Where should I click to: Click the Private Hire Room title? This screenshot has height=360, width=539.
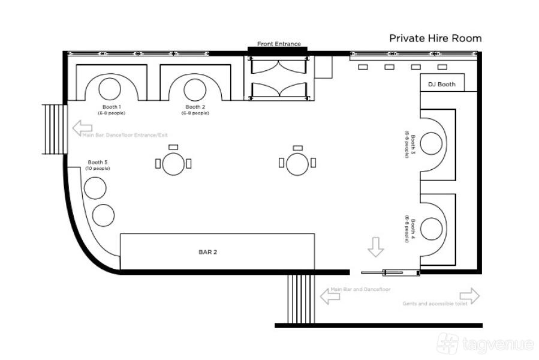435,38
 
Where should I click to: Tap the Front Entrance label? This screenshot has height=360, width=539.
279,44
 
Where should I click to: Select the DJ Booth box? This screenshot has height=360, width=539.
442,83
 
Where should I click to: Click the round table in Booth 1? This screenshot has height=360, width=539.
110,89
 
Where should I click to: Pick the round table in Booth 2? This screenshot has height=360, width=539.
195,89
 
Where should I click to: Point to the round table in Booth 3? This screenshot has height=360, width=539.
431,143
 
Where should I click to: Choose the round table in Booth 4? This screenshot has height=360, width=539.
431,229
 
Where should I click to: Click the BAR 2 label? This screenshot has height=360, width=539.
207,252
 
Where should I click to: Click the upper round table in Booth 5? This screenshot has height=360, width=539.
95,188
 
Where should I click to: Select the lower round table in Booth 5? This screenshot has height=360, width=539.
103,215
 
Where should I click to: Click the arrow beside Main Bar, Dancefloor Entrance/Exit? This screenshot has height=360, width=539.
82,128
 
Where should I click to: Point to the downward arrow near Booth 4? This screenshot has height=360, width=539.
375,247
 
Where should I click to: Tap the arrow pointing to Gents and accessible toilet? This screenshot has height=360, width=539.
469,296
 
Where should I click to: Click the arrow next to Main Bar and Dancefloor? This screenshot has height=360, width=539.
330,296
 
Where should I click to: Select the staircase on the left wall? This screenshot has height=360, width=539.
55,129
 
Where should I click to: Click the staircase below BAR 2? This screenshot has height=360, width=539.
301,299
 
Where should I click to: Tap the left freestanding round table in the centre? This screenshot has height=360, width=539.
173,164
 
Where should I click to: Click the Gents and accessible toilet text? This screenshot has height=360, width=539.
435,304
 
